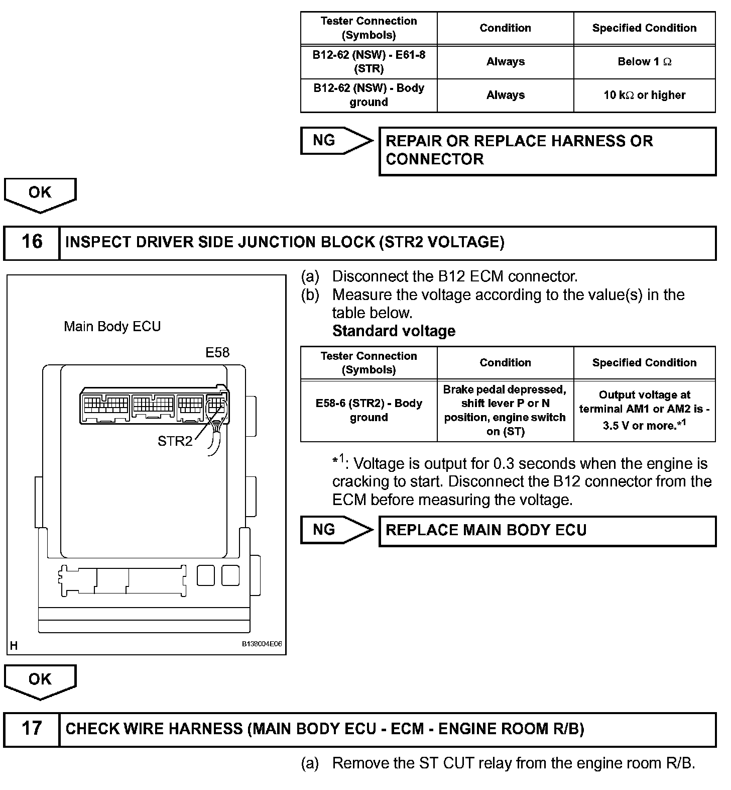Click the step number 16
(32, 242)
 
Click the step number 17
(32, 729)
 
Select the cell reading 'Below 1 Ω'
(644, 62)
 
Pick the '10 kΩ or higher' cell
(644, 95)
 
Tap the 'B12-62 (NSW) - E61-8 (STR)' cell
(369, 61)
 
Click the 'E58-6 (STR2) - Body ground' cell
(369, 410)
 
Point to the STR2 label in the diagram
(175, 441)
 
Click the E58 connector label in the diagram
(217, 352)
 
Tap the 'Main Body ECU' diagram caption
(112, 327)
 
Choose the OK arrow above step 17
(40, 681)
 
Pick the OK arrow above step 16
(40, 194)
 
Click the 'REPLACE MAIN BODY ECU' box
(547, 531)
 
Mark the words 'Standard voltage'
(394, 331)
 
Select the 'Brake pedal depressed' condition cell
(505, 410)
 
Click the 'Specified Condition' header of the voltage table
(644, 363)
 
